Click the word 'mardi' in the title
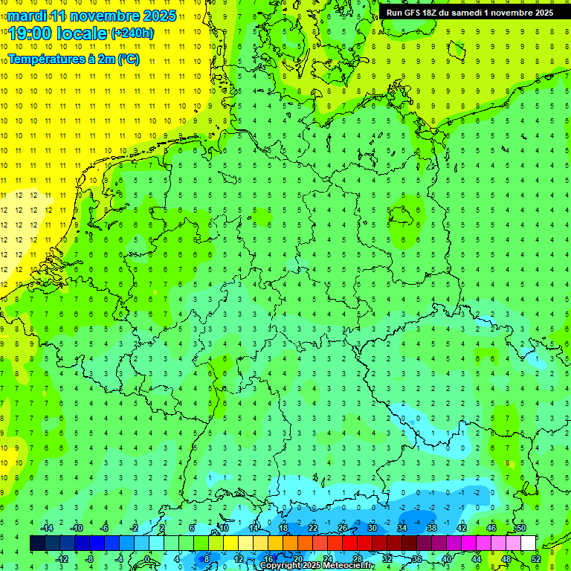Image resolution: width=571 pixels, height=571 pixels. click(26, 16)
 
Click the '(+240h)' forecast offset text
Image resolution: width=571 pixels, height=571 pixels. click(133, 33)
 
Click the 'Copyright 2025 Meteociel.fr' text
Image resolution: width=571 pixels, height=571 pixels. click(317, 566)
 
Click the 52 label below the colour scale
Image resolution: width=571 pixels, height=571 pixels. click(536, 558)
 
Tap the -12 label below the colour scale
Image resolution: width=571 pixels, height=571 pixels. click(62, 558)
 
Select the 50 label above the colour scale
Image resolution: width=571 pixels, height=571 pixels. click(520, 528)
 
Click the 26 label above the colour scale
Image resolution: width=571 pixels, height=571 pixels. click(343, 528)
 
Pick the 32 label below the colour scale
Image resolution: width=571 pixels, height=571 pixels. click(387, 558)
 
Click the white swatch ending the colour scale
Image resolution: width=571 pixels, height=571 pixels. click(528, 543)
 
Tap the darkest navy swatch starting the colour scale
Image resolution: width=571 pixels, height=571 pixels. click(37, 543)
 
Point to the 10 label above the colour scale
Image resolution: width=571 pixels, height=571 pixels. click(224, 528)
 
